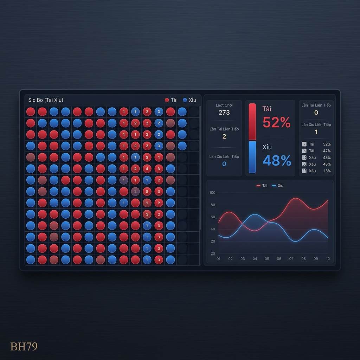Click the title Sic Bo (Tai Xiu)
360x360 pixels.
click(x=46, y=100)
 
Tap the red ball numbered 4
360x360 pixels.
click(x=147, y=169)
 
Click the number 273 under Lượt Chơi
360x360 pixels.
click(x=224, y=112)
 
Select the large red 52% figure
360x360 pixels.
click(x=277, y=122)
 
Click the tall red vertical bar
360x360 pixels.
click(x=252, y=121)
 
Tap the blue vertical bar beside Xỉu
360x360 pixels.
click(x=252, y=157)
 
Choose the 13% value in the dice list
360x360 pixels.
click(x=327, y=171)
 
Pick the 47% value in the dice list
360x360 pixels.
click(x=327, y=151)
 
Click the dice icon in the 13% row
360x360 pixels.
click(x=304, y=171)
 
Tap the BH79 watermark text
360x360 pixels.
click(x=24, y=347)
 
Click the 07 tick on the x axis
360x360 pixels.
click(x=291, y=259)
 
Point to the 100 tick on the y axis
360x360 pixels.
click(x=212, y=193)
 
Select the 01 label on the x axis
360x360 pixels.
click(x=218, y=259)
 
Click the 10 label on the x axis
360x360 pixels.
click(x=328, y=259)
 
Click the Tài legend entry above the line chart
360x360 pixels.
click(x=262, y=186)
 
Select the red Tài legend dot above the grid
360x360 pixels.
click(x=167, y=100)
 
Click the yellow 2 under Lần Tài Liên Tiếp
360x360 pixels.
click(x=224, y=136)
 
